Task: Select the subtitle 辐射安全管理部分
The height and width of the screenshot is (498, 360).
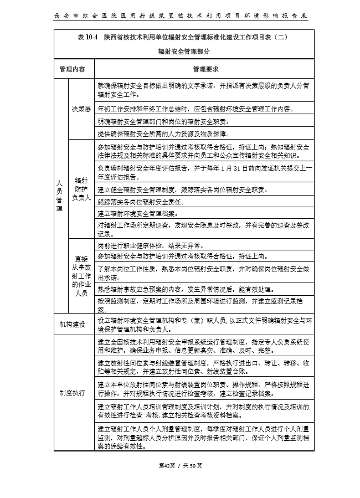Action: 180,51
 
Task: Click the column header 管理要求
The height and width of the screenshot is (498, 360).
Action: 205,70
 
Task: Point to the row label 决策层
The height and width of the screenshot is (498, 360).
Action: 81,109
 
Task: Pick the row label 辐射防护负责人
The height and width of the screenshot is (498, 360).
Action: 81,189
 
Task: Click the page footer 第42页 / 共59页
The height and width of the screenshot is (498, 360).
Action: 180,465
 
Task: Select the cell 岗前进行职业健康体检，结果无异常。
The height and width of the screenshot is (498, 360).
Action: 151,245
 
